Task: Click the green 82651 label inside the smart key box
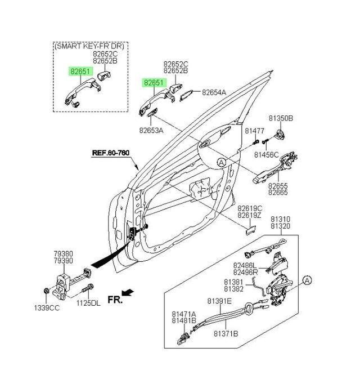pyautogui.click(x=79, y=72)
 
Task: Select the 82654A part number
pyautogui.click(x=214, y=92)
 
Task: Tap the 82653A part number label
pyautogui.click(x=151, y=130)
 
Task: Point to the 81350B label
pyautogui.click(x=281, y=118)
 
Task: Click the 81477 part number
pyautogui.click(x=254, y=130)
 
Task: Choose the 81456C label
pyautogui.click(x=266, y=154)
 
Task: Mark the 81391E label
pyautogui.click(x=220, y=301)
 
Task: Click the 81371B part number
pyautogui.click(x=226, y=333)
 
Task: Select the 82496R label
pyautogui.click(x=246, y=272)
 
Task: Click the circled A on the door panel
pyautogui.click(x=222, y=162)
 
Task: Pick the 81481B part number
pyautogui.click(x=184, y=321)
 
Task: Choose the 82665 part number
pyautogui.click(x=278, y=192)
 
